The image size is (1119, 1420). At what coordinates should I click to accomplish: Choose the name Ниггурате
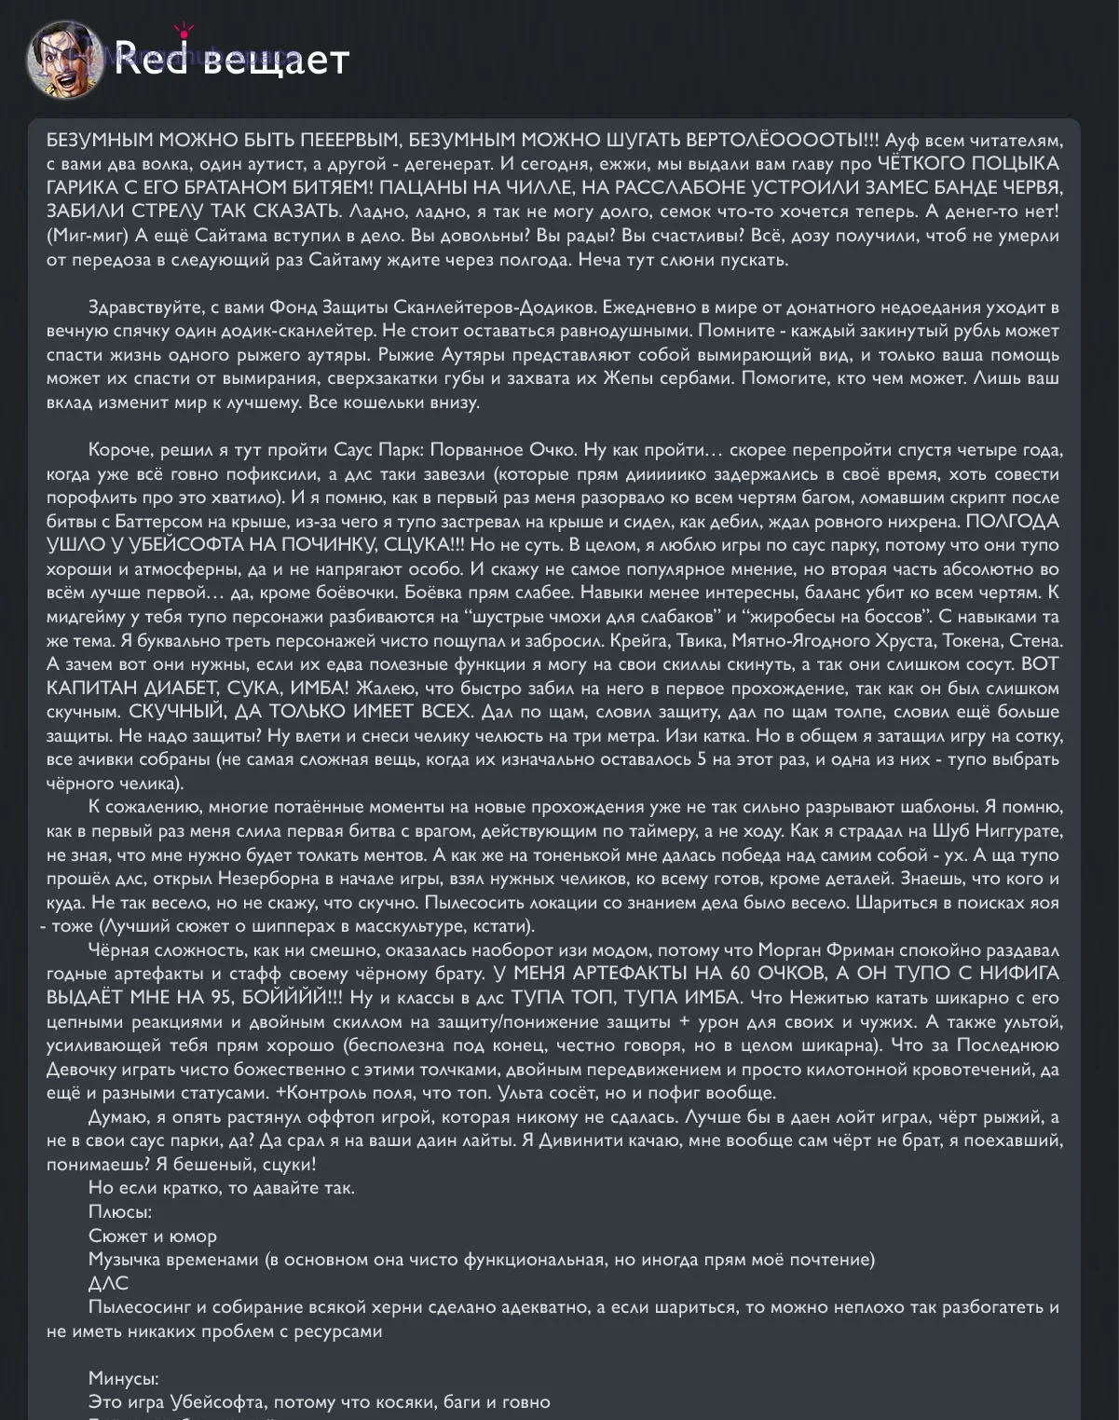coord(1016,831)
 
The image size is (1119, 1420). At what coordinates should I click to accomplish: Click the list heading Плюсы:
coord(120,1212)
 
